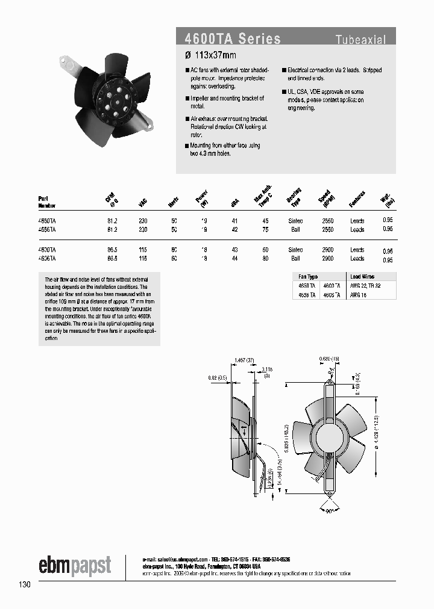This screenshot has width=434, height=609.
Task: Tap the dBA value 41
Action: (x=235, y=221)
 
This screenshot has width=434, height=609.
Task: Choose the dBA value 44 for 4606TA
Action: (x=235, y=258)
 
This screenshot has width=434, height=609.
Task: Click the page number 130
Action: (x=25, y=584)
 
